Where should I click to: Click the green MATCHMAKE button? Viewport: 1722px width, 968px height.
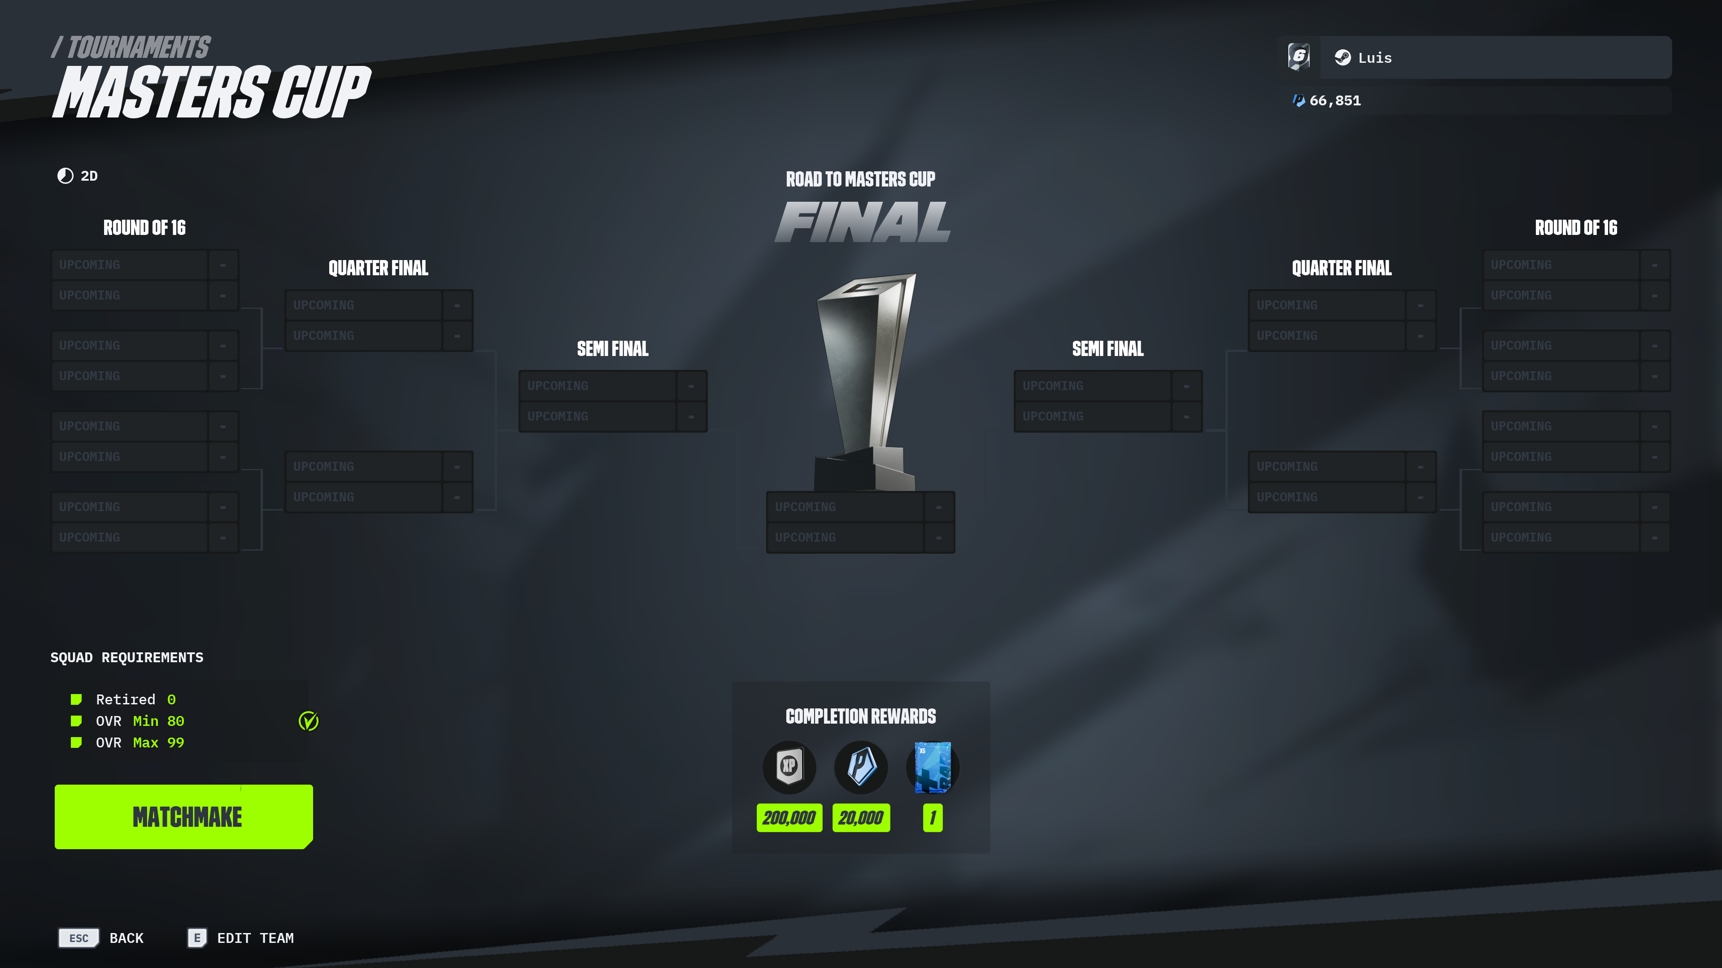point(184,816)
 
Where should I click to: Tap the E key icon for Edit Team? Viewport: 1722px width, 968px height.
point(196,938)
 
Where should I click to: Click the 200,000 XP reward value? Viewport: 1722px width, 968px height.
point(789,818)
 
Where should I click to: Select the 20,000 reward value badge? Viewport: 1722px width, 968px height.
point(861,818)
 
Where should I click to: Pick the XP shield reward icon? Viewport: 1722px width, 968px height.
point(789,767)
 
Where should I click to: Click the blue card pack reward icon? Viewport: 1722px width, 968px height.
point(933,767)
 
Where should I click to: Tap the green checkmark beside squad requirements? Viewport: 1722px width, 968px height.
point(308,721)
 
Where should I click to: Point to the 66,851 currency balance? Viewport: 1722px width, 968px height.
point(1335,100)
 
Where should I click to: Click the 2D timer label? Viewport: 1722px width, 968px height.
point(89,176)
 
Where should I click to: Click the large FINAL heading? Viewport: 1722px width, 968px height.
point(862,222)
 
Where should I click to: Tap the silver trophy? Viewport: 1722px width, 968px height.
point(865,382)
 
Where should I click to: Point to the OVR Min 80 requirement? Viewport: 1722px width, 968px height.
point(140,721)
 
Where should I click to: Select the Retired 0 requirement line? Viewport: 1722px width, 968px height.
point(136,699)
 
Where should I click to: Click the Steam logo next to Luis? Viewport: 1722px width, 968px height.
point(1343,57)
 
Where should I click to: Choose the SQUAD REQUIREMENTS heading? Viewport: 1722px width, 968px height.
point(127,657)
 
